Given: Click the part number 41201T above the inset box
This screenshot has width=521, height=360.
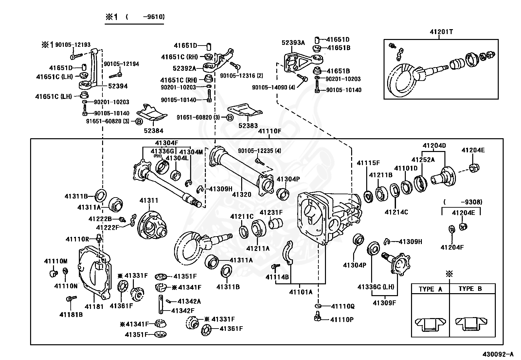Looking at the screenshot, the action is click(441, 32).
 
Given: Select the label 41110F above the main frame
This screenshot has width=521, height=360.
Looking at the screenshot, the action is click(270, 131).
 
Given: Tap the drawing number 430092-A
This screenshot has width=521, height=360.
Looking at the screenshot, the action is click(498, 354).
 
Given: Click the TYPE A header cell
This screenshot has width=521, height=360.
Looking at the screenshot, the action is click(430, 289).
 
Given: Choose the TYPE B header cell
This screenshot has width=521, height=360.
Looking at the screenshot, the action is click(472, 289).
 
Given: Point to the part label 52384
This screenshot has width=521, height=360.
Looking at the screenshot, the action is click(153, 131).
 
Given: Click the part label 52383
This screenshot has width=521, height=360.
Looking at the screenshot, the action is click(248, 126).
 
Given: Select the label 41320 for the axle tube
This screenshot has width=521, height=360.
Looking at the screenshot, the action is click(242, 195).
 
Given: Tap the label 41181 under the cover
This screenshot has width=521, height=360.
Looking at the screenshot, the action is click(94, 307).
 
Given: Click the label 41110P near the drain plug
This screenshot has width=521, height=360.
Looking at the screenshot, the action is click(342, 319).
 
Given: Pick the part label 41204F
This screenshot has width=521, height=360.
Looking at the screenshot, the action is click(452, 247).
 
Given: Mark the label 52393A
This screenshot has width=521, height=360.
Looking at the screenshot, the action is click(293, 43).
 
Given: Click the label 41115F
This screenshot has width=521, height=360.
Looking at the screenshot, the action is click(368, 163).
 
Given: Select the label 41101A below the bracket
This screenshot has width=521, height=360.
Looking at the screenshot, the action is click(301, 292).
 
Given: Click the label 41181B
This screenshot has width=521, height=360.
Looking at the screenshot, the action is click(71, 314).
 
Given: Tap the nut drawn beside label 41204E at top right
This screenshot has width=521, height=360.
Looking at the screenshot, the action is click(474, 168).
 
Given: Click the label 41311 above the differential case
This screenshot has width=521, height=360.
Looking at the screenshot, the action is click(149, 200).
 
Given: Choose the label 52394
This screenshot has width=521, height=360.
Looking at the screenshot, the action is click(118, 86).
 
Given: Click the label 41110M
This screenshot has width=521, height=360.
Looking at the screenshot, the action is click(56, 261).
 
